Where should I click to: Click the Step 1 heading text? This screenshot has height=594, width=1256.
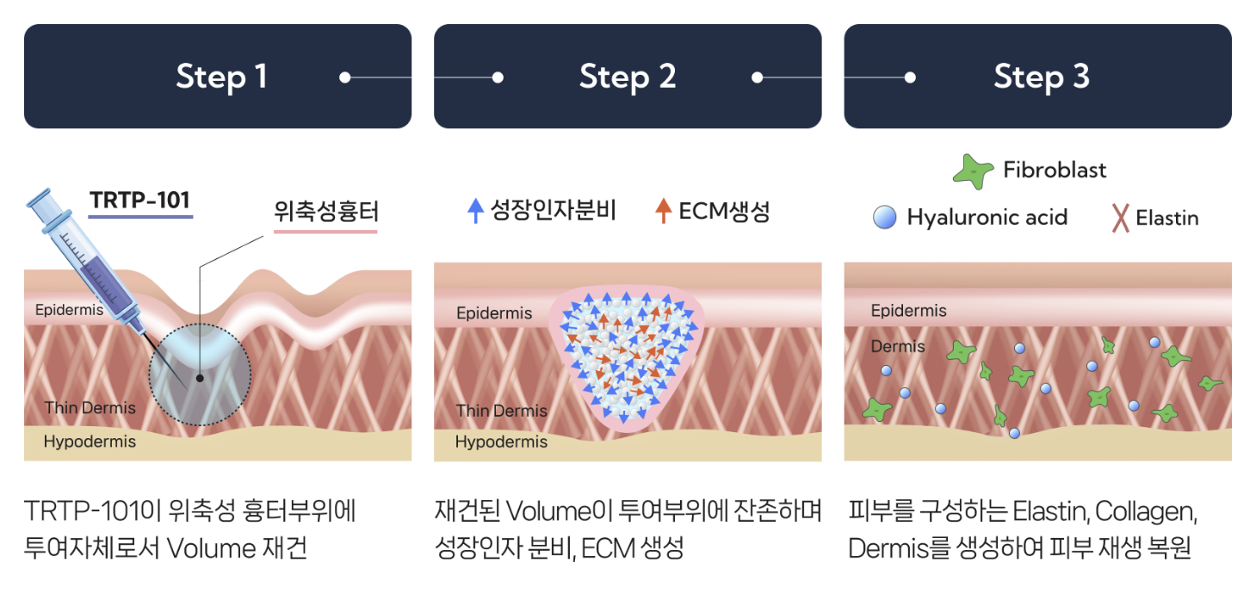click(221, 77)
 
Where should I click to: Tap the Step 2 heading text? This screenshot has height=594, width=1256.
click(628, 77)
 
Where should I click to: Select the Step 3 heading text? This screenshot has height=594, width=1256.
click(1042, 77)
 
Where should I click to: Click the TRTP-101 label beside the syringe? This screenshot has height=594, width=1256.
click(140, 201)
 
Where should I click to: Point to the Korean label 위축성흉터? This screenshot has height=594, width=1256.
click(325, 212)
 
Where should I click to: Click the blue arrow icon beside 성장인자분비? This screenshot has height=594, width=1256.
click(475, 211)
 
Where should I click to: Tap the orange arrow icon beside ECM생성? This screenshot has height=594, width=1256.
click(664, 211)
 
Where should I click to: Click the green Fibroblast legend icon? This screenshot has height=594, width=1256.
click(973, 171)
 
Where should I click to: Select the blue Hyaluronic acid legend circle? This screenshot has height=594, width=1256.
click(885, 217)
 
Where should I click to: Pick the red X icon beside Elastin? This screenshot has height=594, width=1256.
click(1120, 218)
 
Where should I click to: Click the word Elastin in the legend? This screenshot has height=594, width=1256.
click(1166, 218)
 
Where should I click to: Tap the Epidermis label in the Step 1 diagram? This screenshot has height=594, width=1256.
click(69, 310)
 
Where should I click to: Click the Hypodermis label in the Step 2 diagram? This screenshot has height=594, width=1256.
click(501, 442)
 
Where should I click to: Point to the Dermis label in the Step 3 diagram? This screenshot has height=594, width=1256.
click(898, 346)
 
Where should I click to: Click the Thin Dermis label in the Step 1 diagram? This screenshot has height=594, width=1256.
click(90, 407)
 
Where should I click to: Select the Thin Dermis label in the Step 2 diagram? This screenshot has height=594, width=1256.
click(501, 411)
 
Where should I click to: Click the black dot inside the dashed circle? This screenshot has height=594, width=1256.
click(200, 378)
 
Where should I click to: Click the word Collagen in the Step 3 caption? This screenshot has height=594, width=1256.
click(1146, 511)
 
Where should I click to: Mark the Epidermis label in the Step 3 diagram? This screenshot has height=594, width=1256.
click(908, 310)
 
